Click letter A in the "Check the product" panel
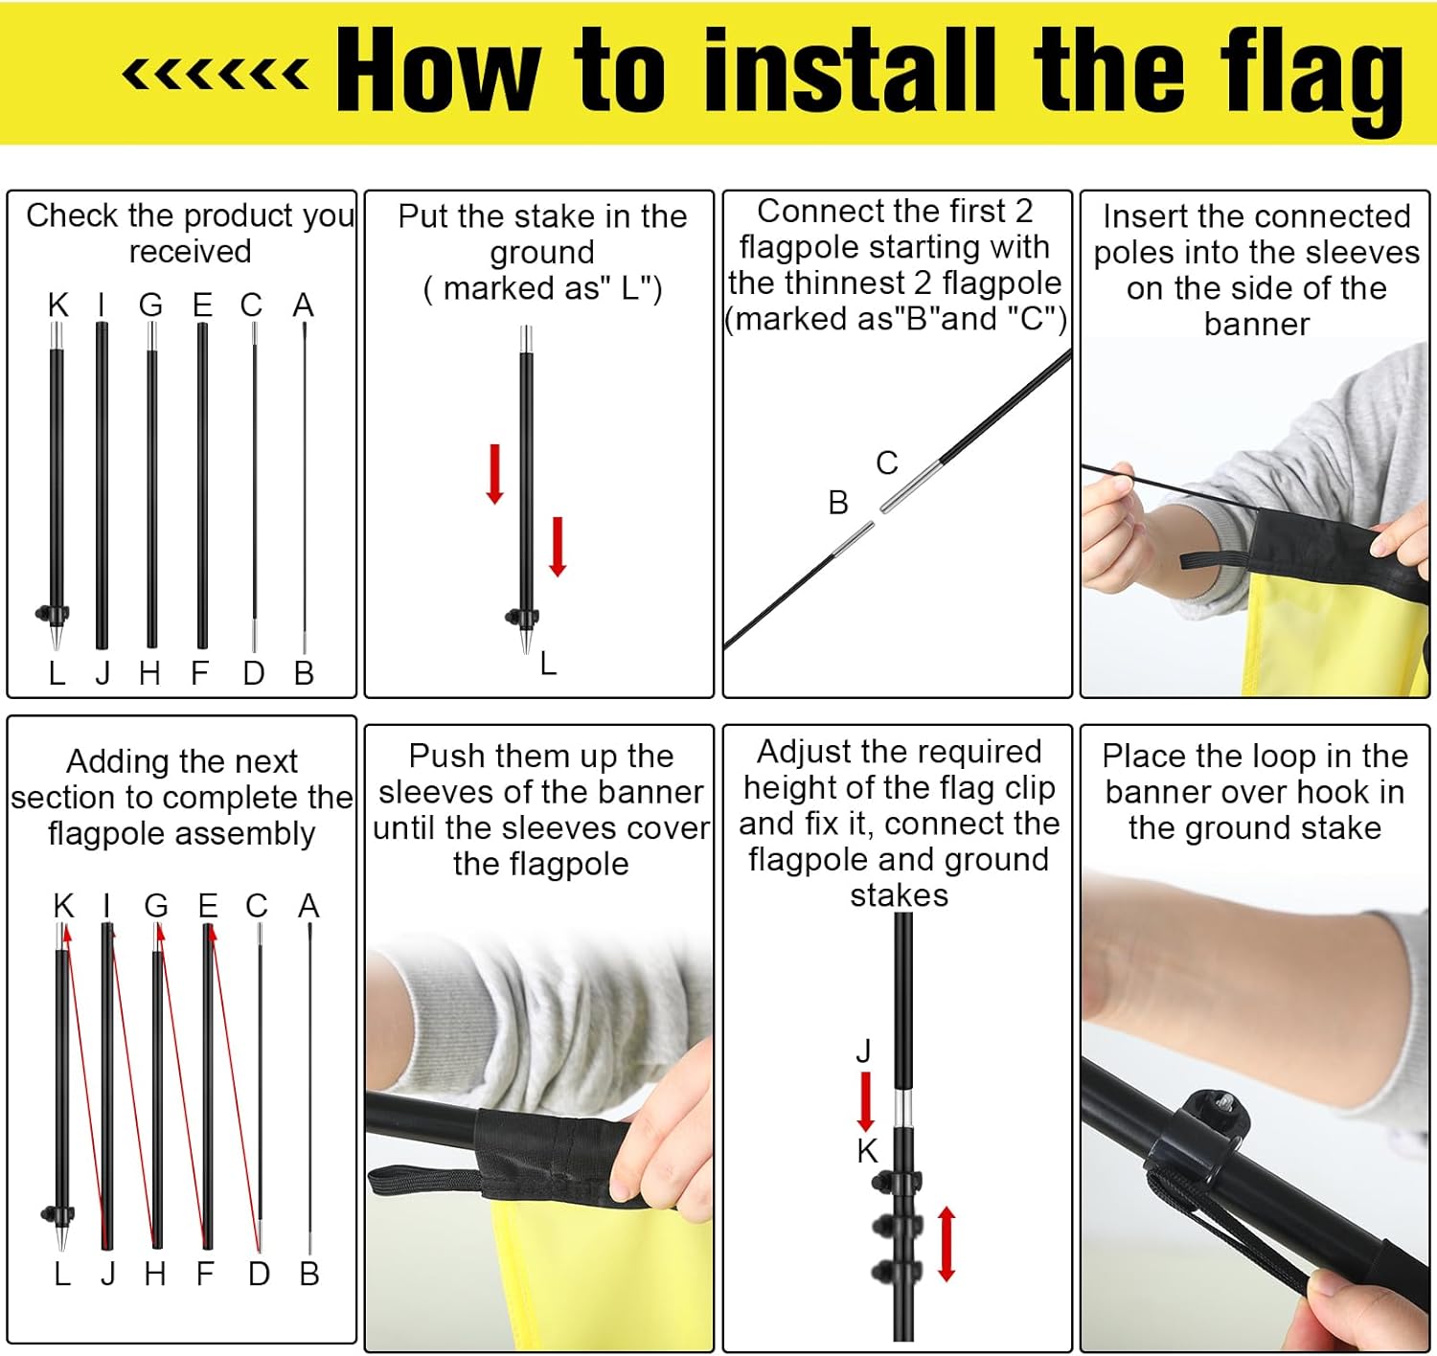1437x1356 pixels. tap(303, 305)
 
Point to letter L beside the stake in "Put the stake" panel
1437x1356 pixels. tap(548, 663)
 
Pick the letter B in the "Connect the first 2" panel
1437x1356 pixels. tap(838, 502)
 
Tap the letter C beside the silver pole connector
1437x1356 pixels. tap(887, 463)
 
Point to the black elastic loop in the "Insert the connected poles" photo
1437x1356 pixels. tap(1217, 558)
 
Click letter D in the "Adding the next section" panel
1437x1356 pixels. tap(259, 1274)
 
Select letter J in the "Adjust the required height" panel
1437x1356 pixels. tap(863, 1050)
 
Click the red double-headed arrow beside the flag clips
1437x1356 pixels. tap(947, 1245)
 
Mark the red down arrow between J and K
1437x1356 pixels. tap(865, 1101)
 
